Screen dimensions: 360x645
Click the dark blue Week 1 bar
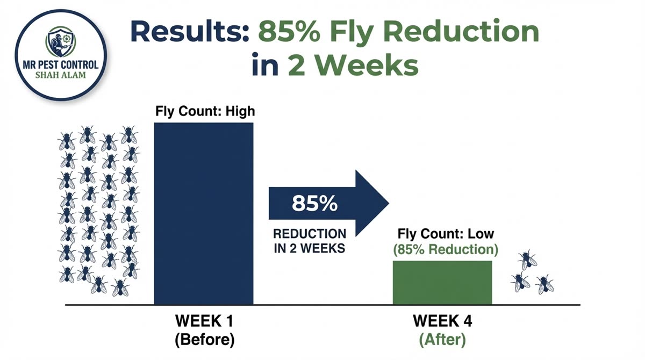coord(203,213)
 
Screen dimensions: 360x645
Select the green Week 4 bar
coord(442,283)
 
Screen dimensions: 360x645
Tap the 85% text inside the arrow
coord(314,204)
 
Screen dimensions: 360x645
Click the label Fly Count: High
coord(205,112)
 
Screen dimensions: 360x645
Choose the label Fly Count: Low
coord(445,235)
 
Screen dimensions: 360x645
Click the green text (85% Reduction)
coord(445,250)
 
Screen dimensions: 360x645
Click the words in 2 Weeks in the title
coord(334,67)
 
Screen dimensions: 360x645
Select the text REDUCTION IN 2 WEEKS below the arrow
coord(310,241)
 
